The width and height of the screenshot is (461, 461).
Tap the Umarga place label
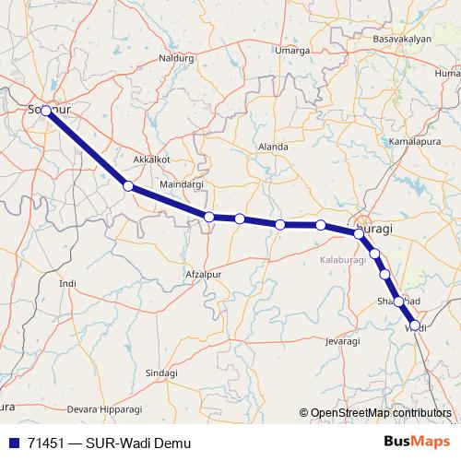(294, 50)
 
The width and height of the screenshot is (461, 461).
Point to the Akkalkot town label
(152, 159)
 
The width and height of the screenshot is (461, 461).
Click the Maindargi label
(181, 184)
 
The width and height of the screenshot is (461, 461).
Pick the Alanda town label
(274, 147)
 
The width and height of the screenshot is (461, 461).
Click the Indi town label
(66, 283)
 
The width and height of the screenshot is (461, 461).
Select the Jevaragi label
(341, 341)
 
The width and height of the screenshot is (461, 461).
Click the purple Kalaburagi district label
(344, 261)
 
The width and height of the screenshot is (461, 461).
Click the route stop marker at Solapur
(46, 110)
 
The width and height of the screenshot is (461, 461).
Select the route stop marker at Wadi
(414, 325)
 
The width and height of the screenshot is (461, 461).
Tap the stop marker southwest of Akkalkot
(128, 186)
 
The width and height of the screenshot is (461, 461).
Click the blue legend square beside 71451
(13, 443)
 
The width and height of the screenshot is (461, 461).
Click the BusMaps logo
(416, 442)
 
